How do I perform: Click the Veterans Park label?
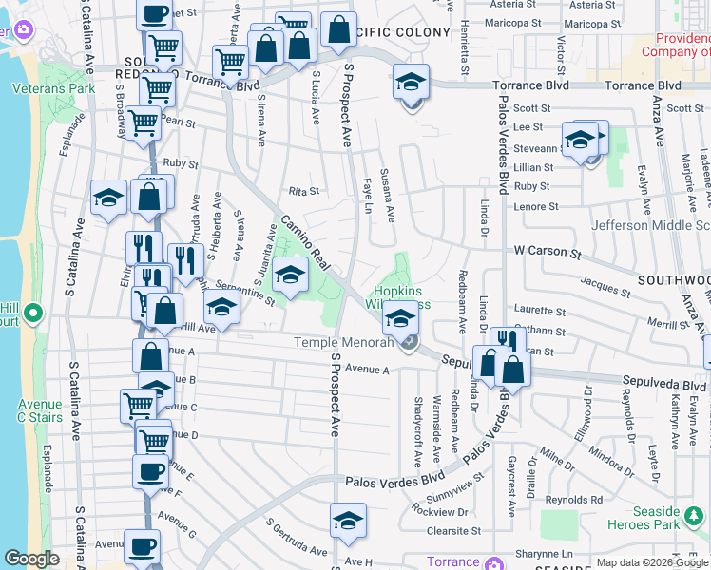(x=41, y=88)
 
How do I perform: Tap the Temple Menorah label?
(x=343, y=343)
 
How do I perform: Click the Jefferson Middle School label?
(x=650, y=225)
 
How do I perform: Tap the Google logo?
(x=31, y=559)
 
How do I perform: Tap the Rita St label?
(x=303, y=191)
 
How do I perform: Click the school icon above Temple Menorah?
(x=402, y=316)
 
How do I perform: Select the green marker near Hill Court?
(x=32, y=313)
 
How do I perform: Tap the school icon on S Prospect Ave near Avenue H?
(x=348, y=521)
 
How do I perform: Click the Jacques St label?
(x=600, y=281)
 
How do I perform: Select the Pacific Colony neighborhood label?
(x=401, y=32)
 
